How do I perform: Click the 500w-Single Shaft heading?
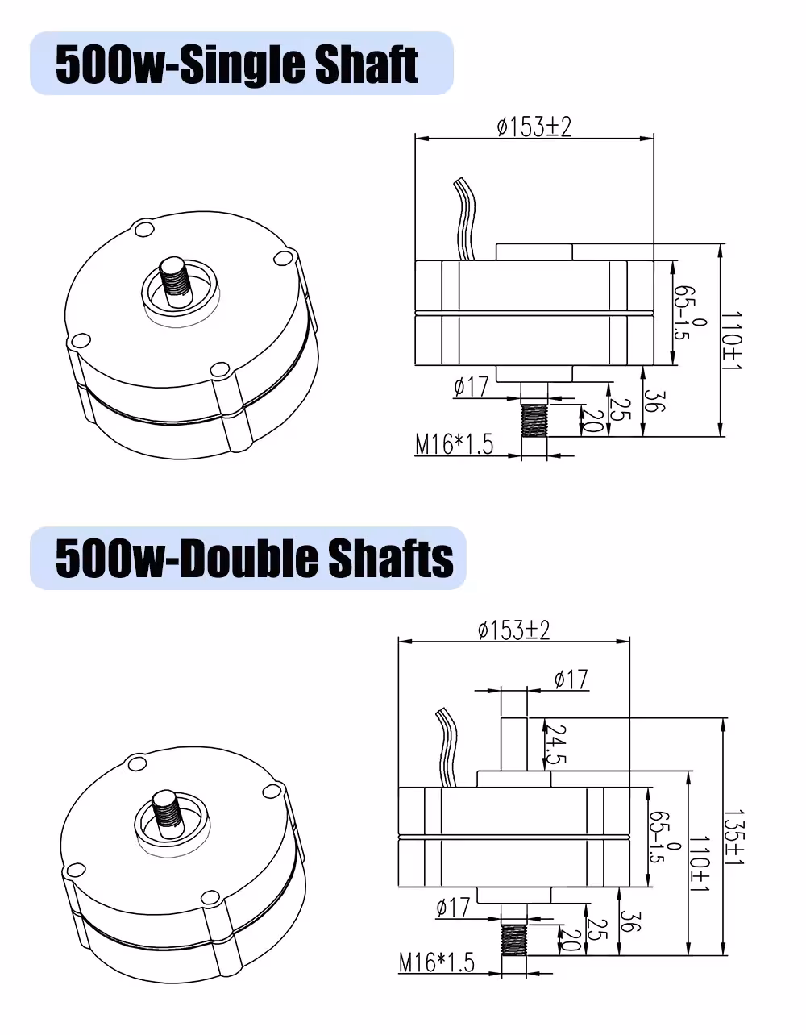pyautogui.click(x=237, y=64)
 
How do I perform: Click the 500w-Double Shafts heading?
pyautogui.click(x=255, y=559)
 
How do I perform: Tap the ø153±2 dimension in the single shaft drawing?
pyautogui.click(x=534, y=127)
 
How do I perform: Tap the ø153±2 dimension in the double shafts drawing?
pyautogui.click(x=513, y=630)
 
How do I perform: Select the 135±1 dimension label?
pyautogui.click(x=734, y=838)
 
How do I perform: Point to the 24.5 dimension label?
pyautogui.click(x=555, y=744)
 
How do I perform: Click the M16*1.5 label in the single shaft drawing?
pyautogui.click(x=454, y=444)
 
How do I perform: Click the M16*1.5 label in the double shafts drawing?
pyautogui.click(x=437, y=962)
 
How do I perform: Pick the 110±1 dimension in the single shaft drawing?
pyautogui.click(x=731, y=341)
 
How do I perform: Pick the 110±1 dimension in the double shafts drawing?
pyautogui.click(x=700, y=863)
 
